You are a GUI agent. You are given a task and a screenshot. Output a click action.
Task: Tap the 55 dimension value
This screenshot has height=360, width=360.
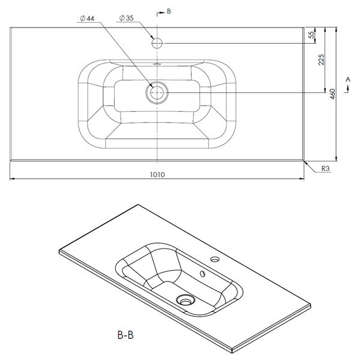[x=312, y=35]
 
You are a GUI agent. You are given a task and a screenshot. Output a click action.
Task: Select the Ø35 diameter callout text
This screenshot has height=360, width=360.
[x=126, y=19]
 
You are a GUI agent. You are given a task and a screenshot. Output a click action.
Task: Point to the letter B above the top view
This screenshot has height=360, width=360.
[x=169, y=10]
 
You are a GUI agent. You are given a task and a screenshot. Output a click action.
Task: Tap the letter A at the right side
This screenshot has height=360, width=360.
[x=348, y=79]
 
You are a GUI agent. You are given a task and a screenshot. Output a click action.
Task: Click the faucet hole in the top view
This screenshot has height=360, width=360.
[x=157, y=43]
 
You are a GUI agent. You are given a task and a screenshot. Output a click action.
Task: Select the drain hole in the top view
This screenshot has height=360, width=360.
[x=157, y=92]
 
